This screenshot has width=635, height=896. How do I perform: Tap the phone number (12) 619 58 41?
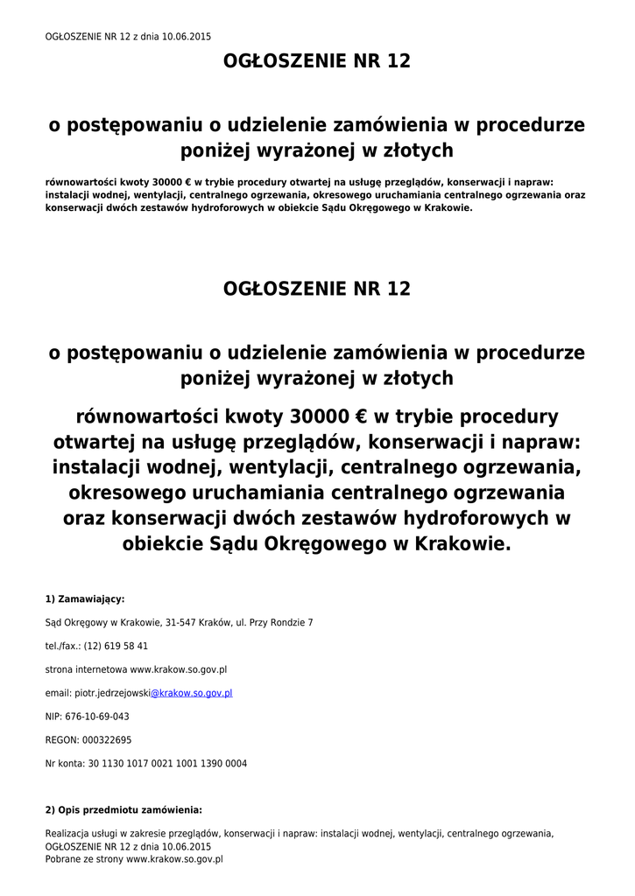tap(116, 647)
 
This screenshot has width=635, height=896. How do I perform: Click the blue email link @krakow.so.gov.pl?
tap(191, 693)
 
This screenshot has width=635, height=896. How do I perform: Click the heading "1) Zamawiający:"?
tap(85, 599)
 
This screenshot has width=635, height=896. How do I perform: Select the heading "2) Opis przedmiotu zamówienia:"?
tap(123, 810)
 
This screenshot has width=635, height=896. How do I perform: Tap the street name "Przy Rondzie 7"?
tap(281, 623)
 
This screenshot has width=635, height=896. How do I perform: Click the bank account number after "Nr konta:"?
tap(167, 764)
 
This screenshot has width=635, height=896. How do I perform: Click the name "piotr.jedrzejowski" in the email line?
tap(112, 693)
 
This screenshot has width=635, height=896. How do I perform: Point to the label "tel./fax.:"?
tap(63, 647)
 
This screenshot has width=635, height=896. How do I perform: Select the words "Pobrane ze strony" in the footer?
tap(84, 860)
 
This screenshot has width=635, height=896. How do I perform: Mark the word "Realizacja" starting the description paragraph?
tap(67, 835)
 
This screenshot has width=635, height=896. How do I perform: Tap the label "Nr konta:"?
tap(65, 764)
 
